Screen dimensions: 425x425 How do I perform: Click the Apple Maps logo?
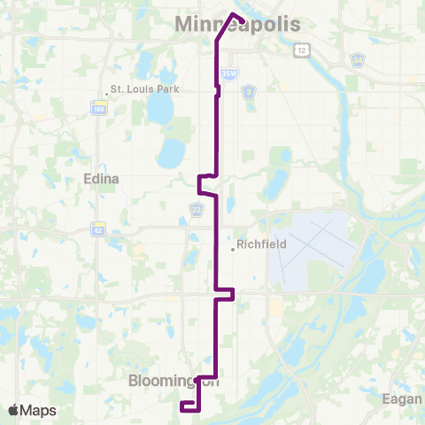click(32, 410)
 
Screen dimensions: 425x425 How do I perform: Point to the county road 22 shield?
click(196, 209)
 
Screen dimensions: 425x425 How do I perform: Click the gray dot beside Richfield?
click(233, 249)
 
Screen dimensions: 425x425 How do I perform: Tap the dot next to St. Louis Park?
click(105, 89)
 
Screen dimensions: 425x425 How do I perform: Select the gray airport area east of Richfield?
click(310, 250)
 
